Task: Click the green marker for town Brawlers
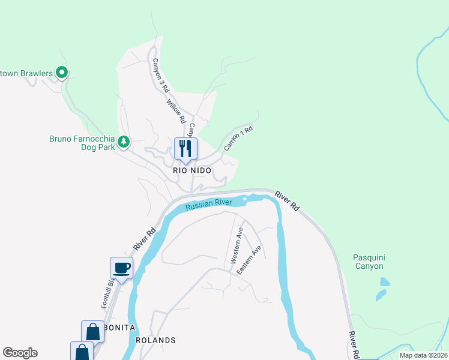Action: (61, 73)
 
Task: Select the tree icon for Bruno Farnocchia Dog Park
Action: (123, 142)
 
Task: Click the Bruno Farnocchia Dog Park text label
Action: (81, 143)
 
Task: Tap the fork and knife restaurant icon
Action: (185, 148)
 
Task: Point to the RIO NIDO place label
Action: (192, 171)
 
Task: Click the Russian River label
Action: (208, 205)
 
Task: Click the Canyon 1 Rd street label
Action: (238, 137)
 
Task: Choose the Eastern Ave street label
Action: (249, 260)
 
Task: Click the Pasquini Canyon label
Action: (368, 262)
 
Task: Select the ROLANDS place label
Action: (155, 340)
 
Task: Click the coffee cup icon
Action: (121, 268)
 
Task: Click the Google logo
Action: (20, 353)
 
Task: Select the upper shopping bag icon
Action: (93, 331)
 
